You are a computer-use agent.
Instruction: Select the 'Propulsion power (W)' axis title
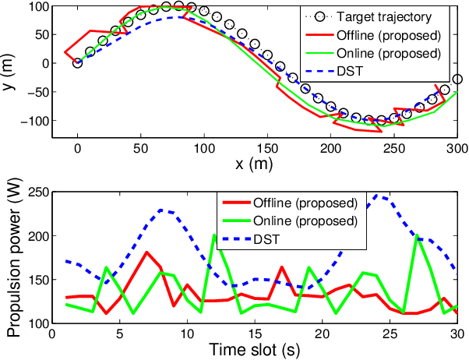[10, 256]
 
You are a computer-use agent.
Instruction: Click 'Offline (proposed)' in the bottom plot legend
[305, 203]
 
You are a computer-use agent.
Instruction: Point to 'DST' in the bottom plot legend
[266, 238]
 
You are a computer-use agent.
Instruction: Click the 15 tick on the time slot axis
[254, 334]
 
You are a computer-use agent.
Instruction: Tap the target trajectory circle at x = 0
[77, 63]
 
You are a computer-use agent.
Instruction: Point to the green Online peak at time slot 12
[214, 235]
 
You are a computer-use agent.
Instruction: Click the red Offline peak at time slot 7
[146, 252]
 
